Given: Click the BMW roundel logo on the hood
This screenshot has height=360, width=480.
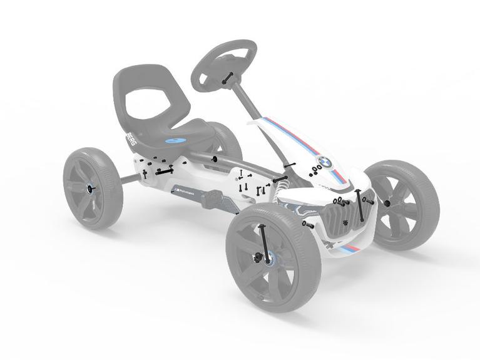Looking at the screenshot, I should (x=324, y=162).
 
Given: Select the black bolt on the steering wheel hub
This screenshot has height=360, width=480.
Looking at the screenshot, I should (x=227, y=78).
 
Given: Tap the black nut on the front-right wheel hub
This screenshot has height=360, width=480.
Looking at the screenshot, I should (x=387, y=203).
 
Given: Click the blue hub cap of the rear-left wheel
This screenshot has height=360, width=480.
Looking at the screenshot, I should (x=89, y=188).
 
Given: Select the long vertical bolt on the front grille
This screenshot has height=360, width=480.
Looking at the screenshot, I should (x=359, y=204).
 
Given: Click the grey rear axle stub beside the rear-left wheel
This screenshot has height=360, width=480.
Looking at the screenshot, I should (x=128, y=180).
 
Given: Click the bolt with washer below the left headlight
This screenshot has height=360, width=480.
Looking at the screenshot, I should (x=307, y=224).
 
